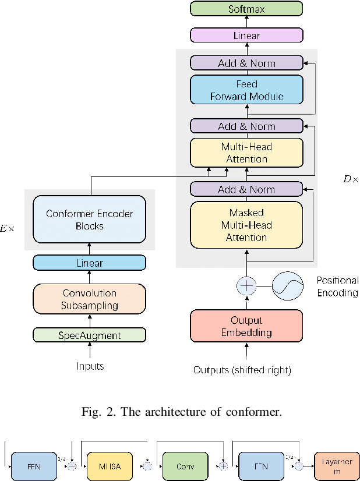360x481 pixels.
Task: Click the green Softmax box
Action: [246, 8]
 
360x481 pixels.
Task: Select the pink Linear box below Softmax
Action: [246, 36]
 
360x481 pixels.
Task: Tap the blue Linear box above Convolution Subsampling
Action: [89, 263]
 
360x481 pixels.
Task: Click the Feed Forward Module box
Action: [246, 90]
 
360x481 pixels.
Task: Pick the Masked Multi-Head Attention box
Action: [246, 225]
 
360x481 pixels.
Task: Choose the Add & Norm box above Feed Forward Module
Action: [246, 63]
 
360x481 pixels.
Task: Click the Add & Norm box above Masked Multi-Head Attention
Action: [246, 189]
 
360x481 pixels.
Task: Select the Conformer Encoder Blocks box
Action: [89, 220]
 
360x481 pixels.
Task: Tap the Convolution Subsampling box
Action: [89, 299]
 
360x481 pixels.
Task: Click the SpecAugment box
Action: [89, 335]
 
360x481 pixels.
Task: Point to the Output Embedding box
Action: [246, 326]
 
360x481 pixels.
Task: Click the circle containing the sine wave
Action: [289, 286]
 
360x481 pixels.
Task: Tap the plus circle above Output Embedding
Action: [246, 286]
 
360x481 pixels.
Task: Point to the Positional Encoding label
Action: [337, 287]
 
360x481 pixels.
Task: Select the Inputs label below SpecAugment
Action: [90, 366]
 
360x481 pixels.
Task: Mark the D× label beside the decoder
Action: [351, 180]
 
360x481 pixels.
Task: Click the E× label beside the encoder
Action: [8, 229]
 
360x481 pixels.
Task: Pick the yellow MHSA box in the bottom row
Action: [110, 466]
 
